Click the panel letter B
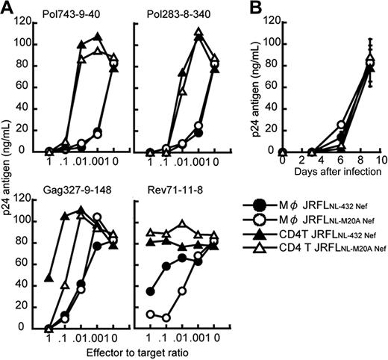(x=252, y=8)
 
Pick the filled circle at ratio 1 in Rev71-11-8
(x=153, y=291)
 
